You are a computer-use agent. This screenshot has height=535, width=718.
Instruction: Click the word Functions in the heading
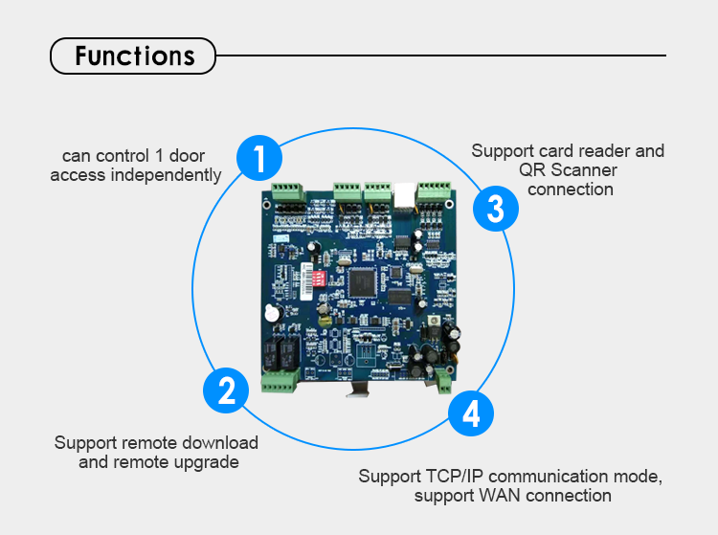click(x=134, y=56)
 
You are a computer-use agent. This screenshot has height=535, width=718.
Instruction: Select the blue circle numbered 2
click(x=227, y=390)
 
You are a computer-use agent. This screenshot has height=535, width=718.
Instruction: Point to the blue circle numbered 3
click(x=495, y=208)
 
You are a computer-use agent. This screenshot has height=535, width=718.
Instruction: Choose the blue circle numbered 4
click(x=470, y=414)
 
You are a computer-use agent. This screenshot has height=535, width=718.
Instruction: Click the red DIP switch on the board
click(x=311, y=279)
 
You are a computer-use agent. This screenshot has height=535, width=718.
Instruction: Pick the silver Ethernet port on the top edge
click(x=405, y=190)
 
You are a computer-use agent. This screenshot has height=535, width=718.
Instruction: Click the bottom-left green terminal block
click(x=280, y=383)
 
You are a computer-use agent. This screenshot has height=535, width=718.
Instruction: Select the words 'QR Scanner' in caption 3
click(x=568, y=170)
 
